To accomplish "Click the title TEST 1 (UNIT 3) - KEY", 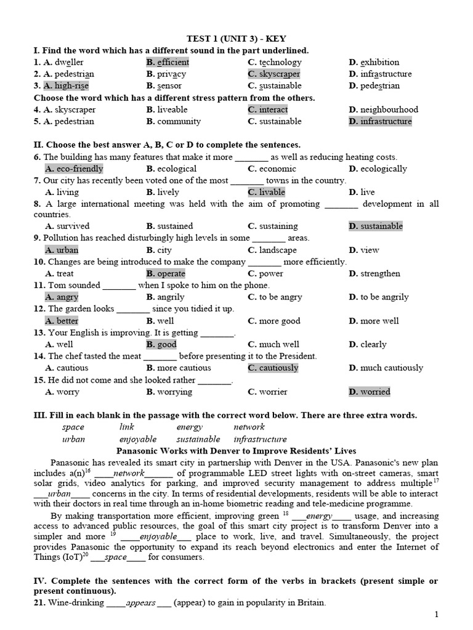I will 236,38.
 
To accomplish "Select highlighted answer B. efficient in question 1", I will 168,62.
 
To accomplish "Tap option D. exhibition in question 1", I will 374,62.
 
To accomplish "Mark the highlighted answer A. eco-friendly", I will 74,169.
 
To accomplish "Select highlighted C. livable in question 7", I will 267,192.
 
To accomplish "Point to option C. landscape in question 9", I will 272,250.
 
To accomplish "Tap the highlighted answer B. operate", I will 166,274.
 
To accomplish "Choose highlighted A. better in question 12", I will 62,321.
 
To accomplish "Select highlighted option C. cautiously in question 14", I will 273,368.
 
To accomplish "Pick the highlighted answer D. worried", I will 370,391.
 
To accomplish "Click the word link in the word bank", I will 127,427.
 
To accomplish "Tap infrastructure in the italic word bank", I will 260,439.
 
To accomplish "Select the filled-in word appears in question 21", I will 140,602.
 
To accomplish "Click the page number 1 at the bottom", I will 436,614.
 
